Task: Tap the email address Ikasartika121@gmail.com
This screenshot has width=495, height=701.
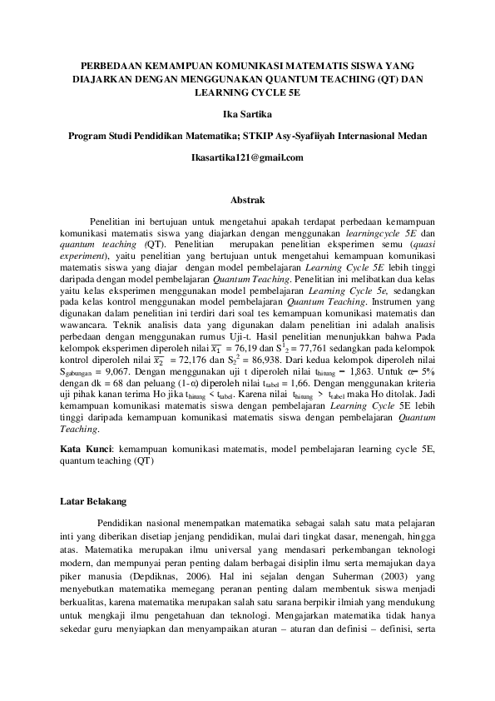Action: click(x=247, y=157)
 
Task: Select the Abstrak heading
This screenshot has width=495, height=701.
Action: click(x=247, y=201)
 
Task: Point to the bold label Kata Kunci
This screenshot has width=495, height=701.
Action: click(x=87, y=448)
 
